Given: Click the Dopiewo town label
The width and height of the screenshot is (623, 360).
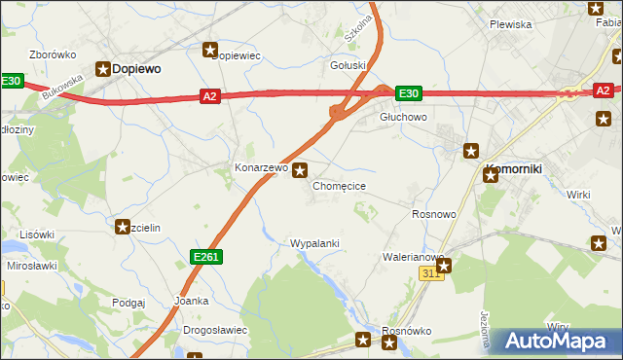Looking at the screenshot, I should [x=137, y=69].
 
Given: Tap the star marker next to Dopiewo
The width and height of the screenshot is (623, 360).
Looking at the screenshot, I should [x=102, y=68].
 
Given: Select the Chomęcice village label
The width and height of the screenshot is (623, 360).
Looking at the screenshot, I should [x=339, y=185].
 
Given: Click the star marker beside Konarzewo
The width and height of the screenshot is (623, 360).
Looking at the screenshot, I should [x=301, y=169].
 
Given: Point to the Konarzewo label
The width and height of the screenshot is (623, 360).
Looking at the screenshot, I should [x=261, y=167].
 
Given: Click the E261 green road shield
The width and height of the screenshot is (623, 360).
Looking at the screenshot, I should [x=206, y=255].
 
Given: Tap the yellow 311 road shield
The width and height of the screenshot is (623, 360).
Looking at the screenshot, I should [x=432, y=274].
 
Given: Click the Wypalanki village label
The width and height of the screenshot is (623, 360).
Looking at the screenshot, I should [x=314, y=242].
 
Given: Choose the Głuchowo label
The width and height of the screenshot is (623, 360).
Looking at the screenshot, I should [x=403, y=117].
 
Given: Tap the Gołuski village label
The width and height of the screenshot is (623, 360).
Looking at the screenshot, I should [x=348, y=66].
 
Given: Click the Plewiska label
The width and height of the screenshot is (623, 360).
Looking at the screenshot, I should [x=510, y=24].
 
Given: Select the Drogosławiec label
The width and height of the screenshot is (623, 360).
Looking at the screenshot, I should [x=215, y=330].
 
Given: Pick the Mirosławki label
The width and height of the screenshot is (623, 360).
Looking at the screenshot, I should [x=32, y=266].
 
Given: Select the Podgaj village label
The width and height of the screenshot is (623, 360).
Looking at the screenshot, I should [x=128, y=303].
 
